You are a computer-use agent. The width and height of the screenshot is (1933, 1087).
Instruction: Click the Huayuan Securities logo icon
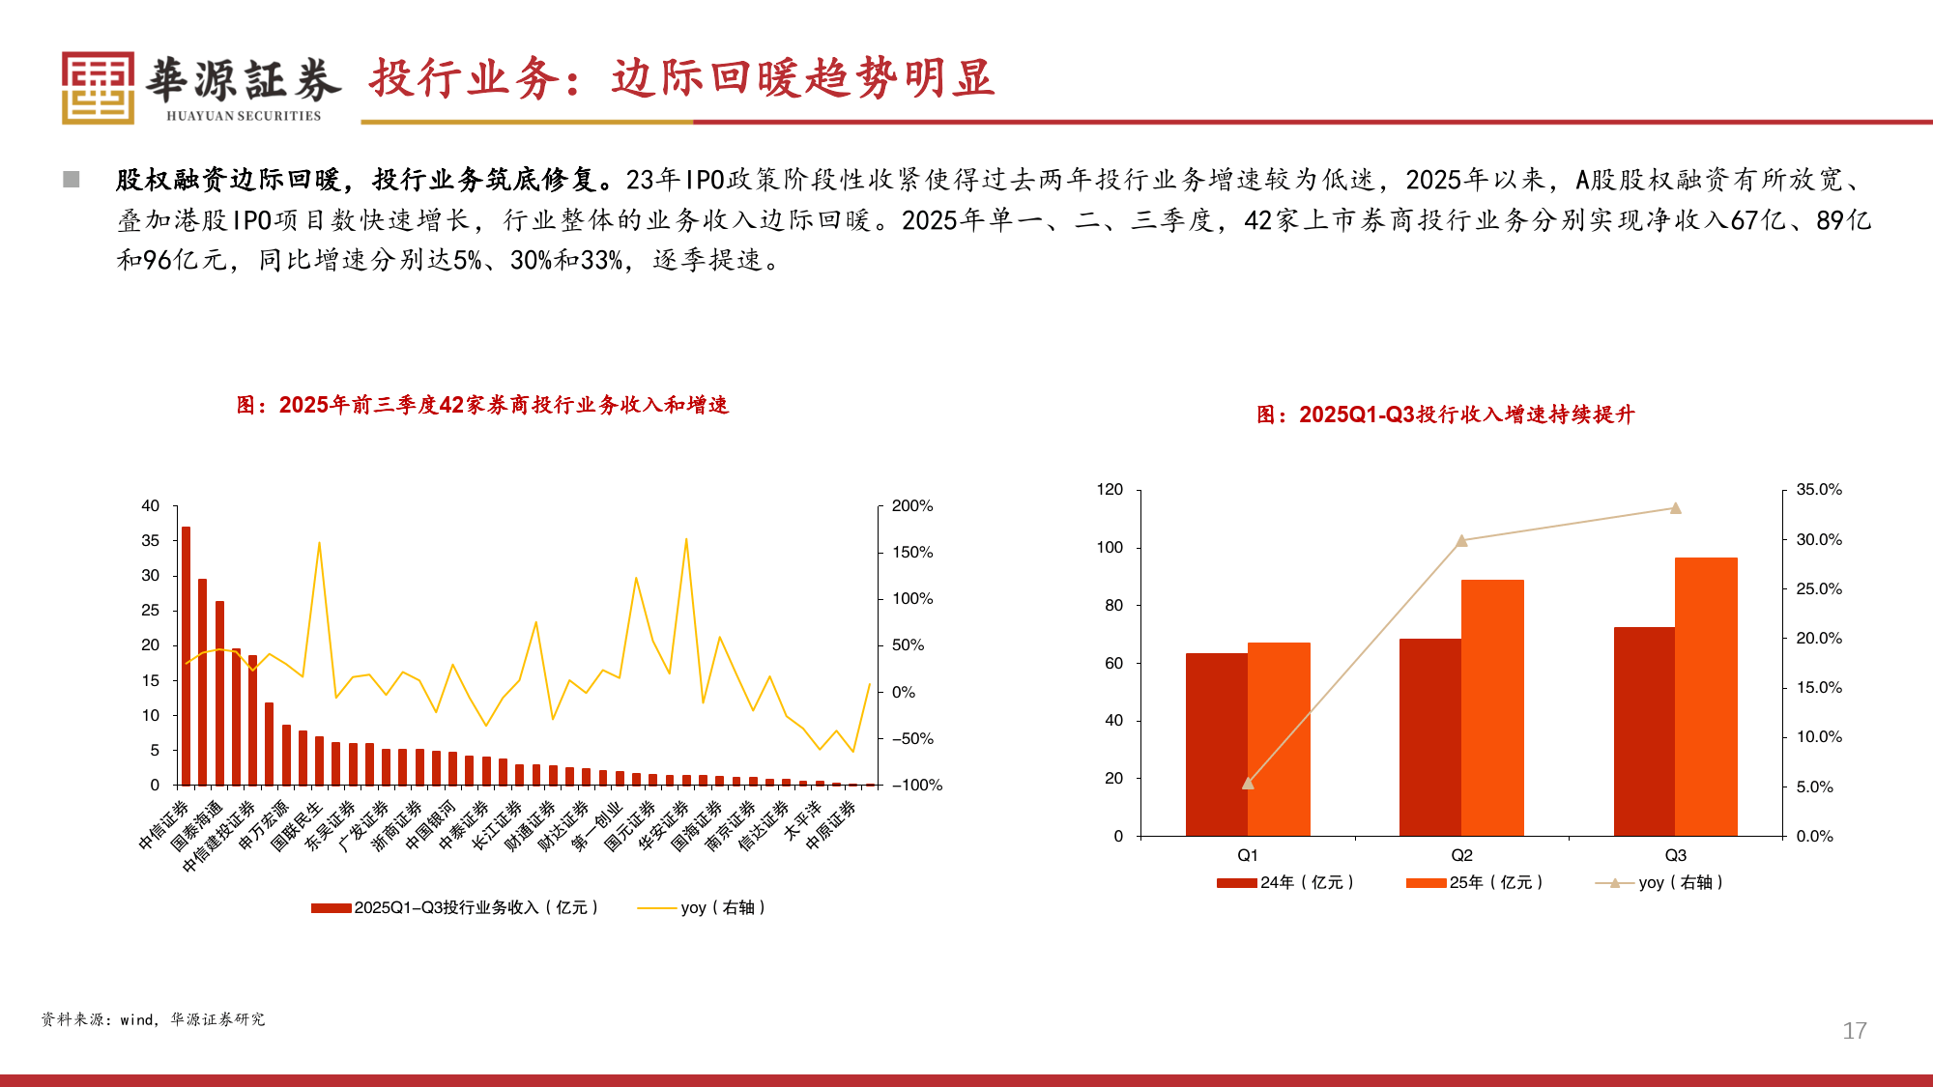98,87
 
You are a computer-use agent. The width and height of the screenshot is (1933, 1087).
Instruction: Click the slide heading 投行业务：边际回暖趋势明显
681,78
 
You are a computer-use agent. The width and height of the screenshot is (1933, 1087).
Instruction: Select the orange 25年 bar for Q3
1706,696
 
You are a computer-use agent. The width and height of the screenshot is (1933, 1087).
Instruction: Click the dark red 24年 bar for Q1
1216,744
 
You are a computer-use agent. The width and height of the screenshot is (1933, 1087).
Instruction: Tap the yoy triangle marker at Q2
1461,541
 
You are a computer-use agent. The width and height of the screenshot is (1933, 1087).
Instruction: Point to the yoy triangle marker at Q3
1675,508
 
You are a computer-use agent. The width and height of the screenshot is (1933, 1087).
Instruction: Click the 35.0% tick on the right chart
1818,490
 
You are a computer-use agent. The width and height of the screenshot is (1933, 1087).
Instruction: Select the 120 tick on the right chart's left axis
1110,490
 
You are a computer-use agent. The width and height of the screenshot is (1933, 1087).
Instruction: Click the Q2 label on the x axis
1461,855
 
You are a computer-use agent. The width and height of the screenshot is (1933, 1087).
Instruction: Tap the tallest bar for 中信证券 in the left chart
186,657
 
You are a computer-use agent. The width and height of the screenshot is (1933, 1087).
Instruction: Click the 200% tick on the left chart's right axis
911,506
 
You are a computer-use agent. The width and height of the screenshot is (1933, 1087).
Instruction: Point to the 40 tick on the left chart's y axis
151,506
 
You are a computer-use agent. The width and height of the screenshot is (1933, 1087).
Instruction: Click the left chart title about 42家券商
482,405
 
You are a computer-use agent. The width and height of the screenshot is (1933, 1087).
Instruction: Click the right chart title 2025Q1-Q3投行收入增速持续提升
1445,415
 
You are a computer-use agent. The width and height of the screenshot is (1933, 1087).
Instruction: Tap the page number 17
1854,1031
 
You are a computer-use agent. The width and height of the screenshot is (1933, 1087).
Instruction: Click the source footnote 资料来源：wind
153,1019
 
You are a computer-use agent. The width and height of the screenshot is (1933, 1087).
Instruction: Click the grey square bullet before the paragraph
72,180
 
